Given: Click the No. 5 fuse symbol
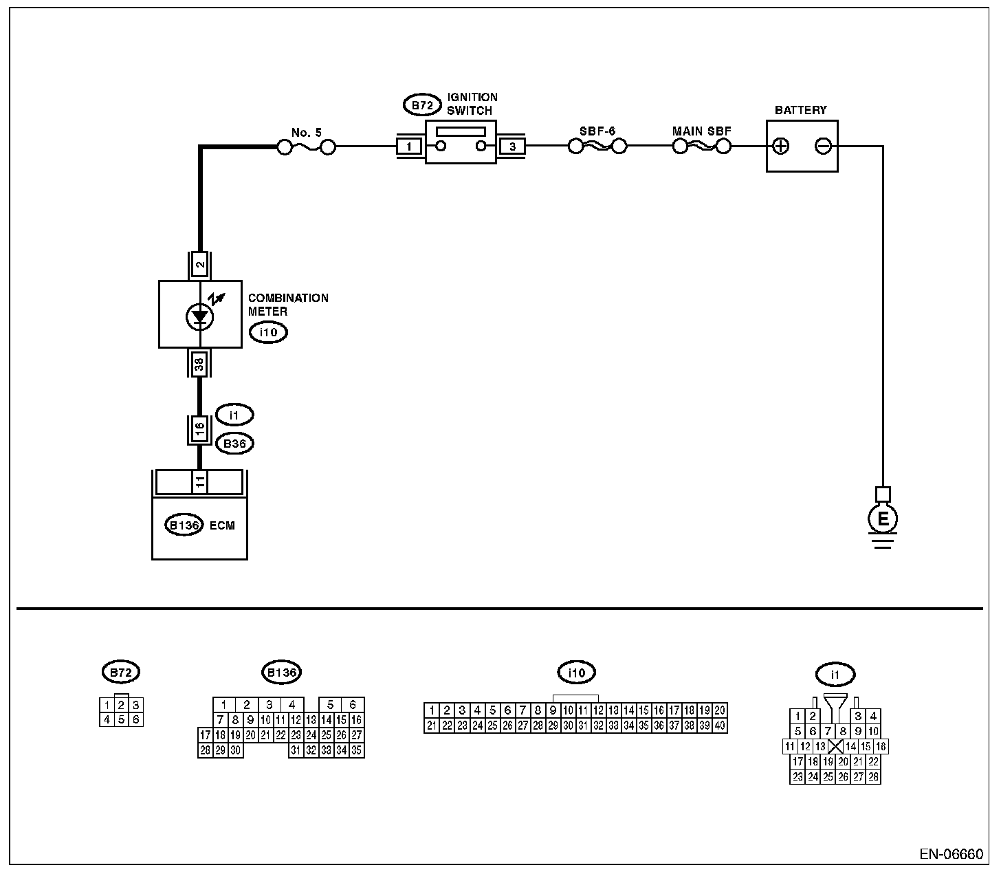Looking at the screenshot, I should point(306,147).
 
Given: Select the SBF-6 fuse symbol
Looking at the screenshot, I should point(597,146).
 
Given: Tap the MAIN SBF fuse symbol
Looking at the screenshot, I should point(701,146).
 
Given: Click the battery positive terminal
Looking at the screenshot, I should point(781,146).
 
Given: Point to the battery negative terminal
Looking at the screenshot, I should point(823,146).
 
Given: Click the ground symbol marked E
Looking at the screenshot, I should point(883,519).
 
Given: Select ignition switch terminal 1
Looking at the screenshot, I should point(410,146).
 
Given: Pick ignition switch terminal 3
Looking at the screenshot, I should point(512,146).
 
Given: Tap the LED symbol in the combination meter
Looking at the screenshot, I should point(200,317).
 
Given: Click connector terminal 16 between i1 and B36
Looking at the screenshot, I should point(199,428).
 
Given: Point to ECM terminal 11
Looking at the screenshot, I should point(199,483).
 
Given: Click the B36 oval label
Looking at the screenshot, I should point(234,444).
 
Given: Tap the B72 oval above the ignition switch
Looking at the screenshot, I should point(421,106).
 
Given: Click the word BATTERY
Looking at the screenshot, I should point(800,110).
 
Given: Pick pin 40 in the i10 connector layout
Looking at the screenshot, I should point(720,726).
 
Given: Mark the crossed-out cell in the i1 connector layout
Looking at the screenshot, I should point(835,747).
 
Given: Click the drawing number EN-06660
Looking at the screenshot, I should point(951,855).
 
